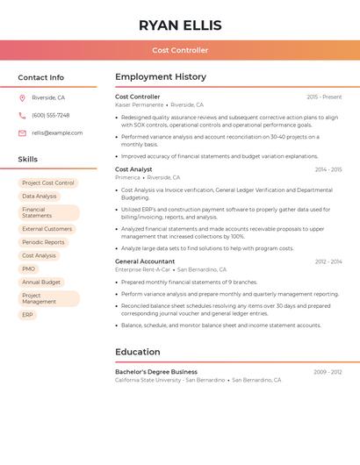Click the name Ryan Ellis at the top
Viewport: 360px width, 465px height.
[x=180, y=25]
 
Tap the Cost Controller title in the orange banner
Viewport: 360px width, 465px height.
[x=180, y=50]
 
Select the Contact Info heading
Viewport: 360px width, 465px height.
[x=41, y=77]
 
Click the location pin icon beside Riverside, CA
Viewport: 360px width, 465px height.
[x=22, y=97]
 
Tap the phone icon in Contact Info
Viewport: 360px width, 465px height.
[x=22, y=115]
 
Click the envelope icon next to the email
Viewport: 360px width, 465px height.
[x=22, y=132]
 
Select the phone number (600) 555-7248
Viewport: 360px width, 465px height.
[x=51, y=115]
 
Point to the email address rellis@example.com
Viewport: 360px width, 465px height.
[x=57, y=132]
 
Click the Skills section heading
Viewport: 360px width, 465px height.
[x=28, y=159]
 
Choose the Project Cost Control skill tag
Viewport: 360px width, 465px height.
[x=48, y=182]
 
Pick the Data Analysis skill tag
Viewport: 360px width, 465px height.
[x=40, y=196]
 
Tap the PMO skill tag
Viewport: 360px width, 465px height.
[x=29, y=268]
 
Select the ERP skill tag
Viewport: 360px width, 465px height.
[x=28, y=314]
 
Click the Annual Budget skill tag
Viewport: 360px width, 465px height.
[x=41, y=282]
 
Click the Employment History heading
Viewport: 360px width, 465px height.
[x=161, y=77]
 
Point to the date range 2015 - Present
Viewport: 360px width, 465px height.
[x=324, y=97]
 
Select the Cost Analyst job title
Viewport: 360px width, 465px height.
[x=133, y=169]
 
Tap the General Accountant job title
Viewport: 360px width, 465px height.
[x=145, y=261]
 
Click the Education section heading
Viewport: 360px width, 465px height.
[x=137, y=352]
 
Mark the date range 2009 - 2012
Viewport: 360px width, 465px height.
[x=328, y=372]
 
